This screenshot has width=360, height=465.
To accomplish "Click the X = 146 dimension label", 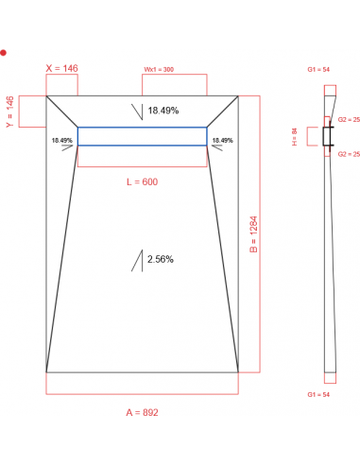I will (x=62, y=68).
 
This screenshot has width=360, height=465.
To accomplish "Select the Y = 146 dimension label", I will (x=9, y=111).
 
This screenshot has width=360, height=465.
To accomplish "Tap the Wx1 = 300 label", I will (x=159, y=69).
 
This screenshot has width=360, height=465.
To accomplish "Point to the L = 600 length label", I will (x=142, y=181).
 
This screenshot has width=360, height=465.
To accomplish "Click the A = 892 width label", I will (x=142, y=413).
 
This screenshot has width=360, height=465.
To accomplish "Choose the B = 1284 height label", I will (x=254, y=233).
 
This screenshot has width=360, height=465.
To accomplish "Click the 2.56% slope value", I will (x=161, y=259).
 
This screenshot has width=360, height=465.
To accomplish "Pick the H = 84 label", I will (x=296, y=138).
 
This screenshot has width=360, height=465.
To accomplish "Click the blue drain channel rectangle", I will (x=142, y=137).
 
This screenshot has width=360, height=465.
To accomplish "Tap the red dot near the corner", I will (x=4, y=53).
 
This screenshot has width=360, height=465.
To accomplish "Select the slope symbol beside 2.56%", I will (x=138, y=261).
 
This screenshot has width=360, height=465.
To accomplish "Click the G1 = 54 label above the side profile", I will (x=317, y=70).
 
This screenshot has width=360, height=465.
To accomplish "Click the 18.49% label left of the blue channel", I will (x=62, y=140).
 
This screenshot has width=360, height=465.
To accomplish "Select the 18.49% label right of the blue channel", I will (x=223, y=140).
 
